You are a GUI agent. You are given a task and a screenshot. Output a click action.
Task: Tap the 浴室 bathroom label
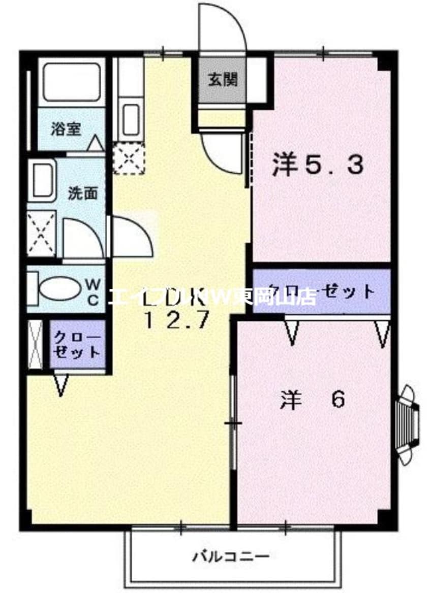66,129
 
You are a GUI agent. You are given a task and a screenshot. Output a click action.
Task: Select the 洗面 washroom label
83,193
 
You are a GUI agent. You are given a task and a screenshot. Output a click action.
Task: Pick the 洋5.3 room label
318,166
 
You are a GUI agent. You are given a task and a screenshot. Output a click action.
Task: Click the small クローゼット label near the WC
78,345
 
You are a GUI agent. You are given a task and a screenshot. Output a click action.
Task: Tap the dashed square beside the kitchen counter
129,158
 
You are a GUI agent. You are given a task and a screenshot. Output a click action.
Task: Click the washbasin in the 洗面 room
42,180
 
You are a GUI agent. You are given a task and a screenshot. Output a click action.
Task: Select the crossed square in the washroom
41,234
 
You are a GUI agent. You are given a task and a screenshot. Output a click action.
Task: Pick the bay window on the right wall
408,424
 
